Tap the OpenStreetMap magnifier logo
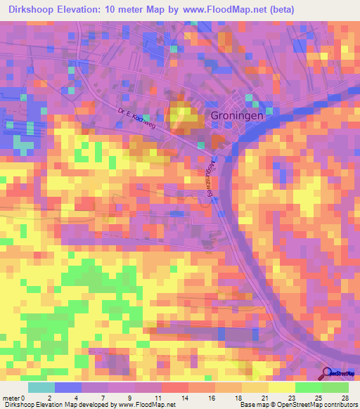coord(328,373)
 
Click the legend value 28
coord(345,398)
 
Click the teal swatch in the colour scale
coord(41,387)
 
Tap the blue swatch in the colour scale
coord(67,387)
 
